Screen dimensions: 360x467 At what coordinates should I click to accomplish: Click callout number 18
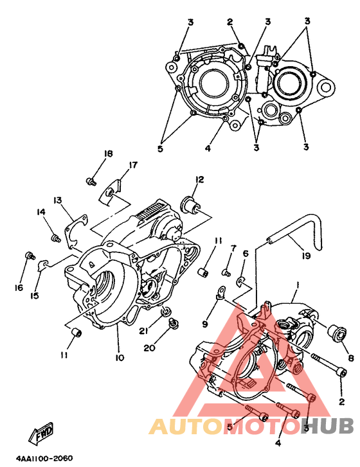click(108, 154)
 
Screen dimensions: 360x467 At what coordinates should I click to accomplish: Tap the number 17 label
click(133, 164)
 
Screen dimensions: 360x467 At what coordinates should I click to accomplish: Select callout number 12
click(199, 180)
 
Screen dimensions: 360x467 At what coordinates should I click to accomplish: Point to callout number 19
click(306, 256)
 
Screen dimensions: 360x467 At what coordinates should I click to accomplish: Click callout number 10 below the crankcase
click(120, 357)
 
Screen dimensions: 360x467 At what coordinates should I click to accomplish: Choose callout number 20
click(150, 348)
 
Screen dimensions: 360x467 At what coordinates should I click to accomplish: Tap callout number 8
click(351, 358)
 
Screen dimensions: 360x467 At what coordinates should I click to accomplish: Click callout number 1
click(297, 285)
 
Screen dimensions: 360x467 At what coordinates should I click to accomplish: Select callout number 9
click(204, 324)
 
